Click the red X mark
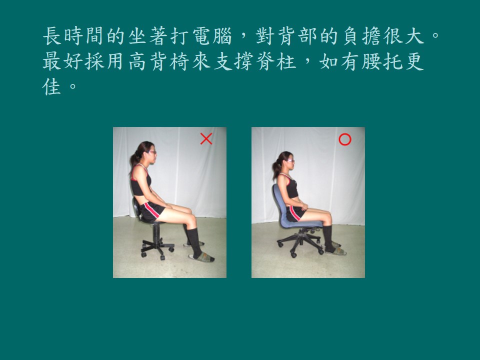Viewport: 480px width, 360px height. (206, 138)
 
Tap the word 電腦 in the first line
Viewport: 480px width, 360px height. (212, 36)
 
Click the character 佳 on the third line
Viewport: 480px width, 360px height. (51, 86)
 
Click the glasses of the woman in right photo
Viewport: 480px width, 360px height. (290, 160)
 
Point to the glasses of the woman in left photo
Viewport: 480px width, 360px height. (152, 152)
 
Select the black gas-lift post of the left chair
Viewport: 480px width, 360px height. (156, 232)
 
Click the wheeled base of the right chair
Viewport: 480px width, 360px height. (300, 242)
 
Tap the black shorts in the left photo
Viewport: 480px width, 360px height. (151, 211)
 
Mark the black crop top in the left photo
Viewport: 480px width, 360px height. (140, 183)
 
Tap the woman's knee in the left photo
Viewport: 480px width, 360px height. (191, 219)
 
